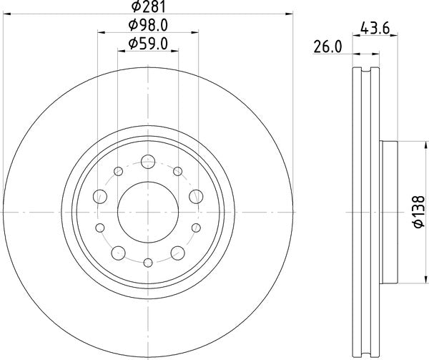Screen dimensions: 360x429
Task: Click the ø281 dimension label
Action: click(148, 7)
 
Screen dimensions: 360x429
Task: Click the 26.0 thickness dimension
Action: click(328, 48)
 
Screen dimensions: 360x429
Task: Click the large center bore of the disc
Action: click(148, 213)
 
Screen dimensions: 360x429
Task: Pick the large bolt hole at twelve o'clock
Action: click(148, 161)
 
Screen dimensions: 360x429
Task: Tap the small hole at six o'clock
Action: click(148, 263)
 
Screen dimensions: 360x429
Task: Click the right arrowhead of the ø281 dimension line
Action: click(290, 13)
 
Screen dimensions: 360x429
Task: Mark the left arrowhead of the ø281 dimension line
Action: click(8, 13)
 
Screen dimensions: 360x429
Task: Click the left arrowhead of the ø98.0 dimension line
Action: click(99, 32)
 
